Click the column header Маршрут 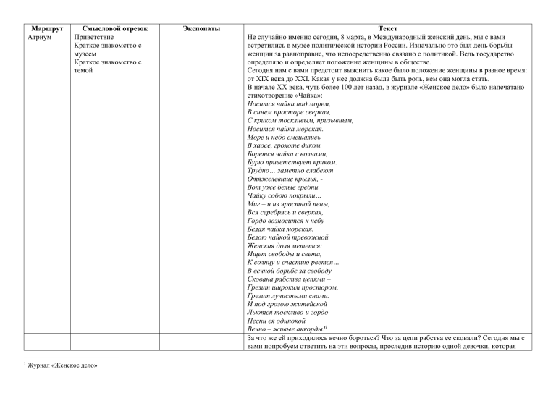pos(40,27)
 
